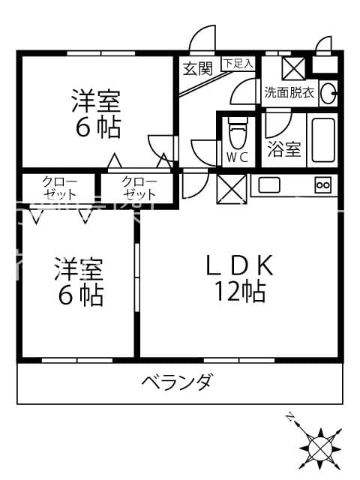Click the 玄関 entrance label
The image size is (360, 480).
[x=197, y=68]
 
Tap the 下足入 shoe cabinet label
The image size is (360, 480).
[x=238, y=64]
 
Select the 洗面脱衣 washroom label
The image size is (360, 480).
[x=289, y=93]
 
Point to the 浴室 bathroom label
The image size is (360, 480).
[x=284, y=149]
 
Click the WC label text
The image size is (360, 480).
[x=237, y=157]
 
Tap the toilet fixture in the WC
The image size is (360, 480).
[x=237, y=134]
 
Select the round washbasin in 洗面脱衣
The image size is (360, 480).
[x=327, y=94]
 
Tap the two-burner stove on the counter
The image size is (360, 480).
[x=323, y=184]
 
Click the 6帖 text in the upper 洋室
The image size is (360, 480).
[x=97, y=127]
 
